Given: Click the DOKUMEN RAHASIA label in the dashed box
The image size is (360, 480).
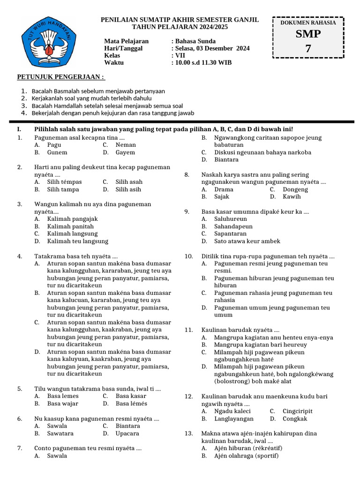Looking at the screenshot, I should tap(308, 22).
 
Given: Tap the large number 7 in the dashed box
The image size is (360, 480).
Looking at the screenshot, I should tap(308, 48).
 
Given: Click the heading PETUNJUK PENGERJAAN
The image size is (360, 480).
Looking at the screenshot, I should tap(61, 76).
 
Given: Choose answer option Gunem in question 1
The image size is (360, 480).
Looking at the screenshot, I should tap(57, 152).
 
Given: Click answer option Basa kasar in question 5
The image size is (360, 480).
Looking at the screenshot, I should tap(131, 396).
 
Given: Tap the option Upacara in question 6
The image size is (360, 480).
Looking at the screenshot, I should tap(127, 434).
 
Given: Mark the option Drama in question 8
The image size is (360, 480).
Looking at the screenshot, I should tap(224, 189).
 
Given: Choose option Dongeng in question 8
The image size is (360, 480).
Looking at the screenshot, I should tap(295, 189).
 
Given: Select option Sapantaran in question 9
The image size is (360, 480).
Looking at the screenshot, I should tap(230, 233).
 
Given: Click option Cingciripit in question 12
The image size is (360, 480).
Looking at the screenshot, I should tap(297, 411).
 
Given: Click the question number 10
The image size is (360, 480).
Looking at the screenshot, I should tap(189, 256).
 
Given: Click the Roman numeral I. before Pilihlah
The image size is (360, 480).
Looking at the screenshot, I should tap(19, 129).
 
